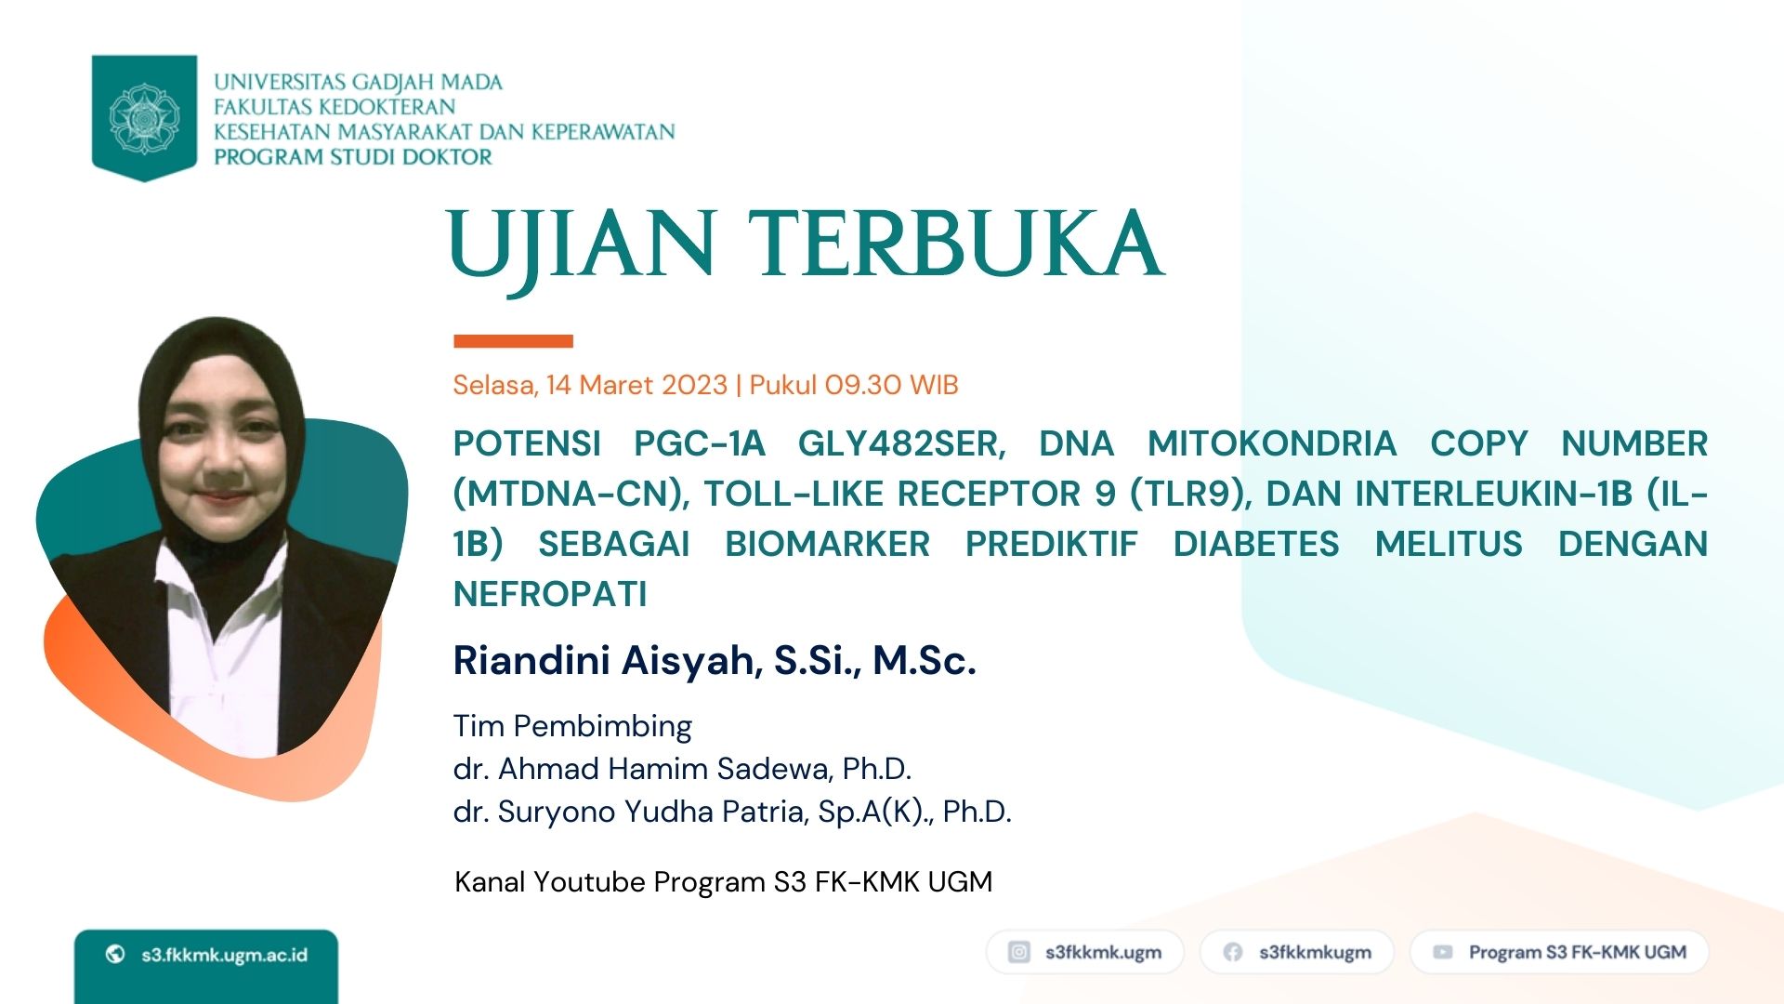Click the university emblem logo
[x=144, y=118]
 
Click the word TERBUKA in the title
[x=956, y=244]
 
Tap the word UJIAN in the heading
[x=582, y=245]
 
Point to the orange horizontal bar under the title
[x=513, y=341]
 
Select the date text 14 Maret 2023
[x=636, y=385]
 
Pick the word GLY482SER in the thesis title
[x=901, y=444]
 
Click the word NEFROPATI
[x=550, y=594]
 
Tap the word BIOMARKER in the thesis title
[x=827, y=544]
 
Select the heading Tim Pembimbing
[x=572, y=726]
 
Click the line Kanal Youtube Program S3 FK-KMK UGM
[x=723, y=881]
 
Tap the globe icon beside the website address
[x=115, y=954]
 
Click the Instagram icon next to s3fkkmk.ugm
[x=1019, y=952]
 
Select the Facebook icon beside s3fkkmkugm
[x=1233, y=952]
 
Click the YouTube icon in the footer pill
[x=1443, y=952]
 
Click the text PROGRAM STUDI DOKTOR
[x=353, y=157]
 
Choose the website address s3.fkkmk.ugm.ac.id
[x=224, y=955]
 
